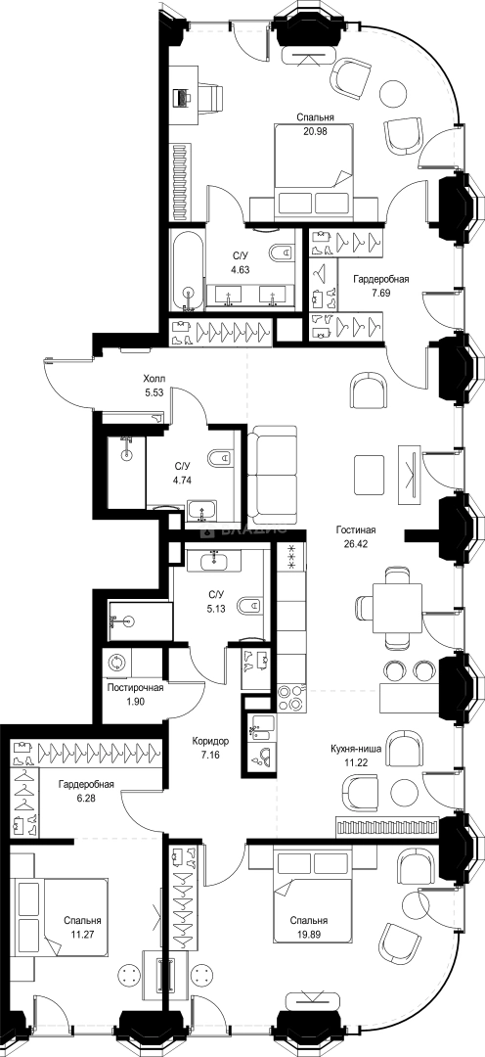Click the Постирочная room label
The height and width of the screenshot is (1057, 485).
click(135, 687)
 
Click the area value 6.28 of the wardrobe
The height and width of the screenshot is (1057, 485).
click(85, 799)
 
